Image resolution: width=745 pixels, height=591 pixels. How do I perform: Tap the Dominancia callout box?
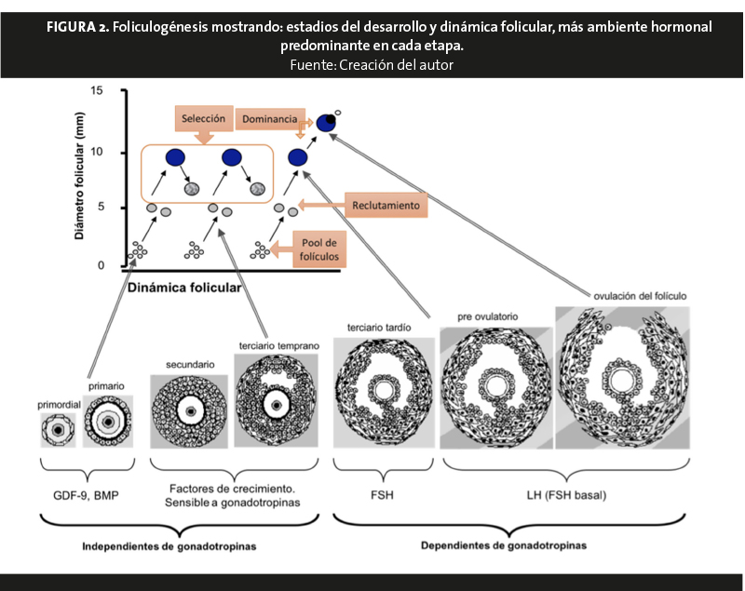266,119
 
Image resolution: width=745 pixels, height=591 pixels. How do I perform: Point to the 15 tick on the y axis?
98,90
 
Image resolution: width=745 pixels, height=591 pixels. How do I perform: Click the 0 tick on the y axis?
102,266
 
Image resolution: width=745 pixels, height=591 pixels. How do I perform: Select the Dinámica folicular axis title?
184,288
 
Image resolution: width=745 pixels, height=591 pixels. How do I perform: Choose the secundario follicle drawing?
189,410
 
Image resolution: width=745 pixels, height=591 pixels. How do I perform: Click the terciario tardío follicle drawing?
383,394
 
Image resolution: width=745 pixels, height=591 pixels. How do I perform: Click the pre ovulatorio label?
488,316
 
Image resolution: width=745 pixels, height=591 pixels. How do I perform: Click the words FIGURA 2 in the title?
76,27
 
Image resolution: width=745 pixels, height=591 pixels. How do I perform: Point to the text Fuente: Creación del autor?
372,64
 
